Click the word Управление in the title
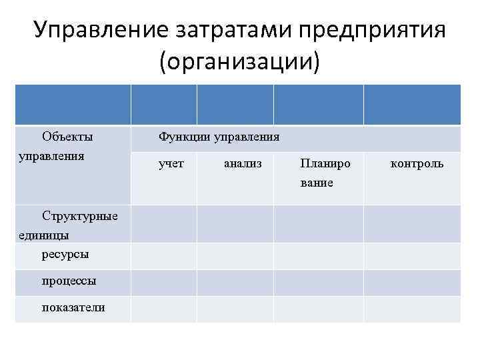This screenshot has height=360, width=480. tap(99, 30)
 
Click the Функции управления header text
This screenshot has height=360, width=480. tap(219, 137)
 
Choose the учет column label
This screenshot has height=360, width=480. tap(171, 163)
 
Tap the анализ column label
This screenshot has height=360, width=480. tap(243, 163)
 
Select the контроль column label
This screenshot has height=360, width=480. tap(417, 163)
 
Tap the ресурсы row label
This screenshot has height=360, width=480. tap(65, 254)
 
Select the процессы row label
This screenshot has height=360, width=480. tap(69, 281)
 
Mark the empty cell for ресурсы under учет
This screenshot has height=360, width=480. tap(163, 255)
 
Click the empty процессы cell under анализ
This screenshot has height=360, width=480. tap(235, 282)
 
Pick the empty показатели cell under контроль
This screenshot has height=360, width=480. tap(411, 309)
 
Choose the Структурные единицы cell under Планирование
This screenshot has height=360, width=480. tap(318, 224)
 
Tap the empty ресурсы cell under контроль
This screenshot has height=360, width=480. tap(411, 255)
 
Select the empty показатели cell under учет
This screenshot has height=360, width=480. tap(163, 309)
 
